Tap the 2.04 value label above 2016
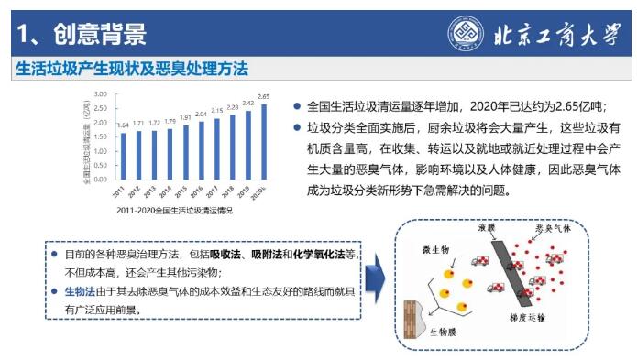pyautogui.click(x=201, y=115)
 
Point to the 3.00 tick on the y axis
pyautogui.click(x=101, y=94)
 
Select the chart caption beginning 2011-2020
pyautogui.click(x=174, y=211)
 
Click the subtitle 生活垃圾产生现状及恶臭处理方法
pyautogui.click(x=133, y=70)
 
